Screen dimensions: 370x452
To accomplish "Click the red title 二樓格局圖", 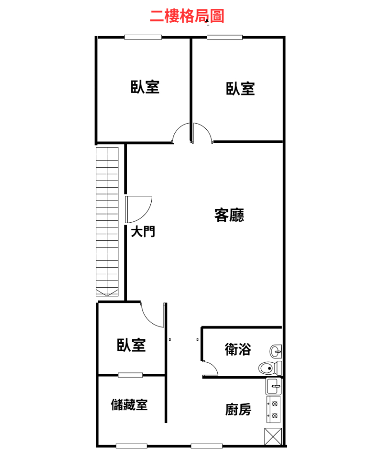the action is point(187,16).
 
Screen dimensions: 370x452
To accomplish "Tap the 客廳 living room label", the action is point(229,215).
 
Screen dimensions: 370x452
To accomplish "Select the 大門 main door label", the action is point(143,232).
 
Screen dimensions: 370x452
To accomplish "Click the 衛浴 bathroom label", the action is point(238,349).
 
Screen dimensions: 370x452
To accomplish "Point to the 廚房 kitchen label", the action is point(238,409).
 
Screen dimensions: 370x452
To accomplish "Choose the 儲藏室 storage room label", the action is point(129,405).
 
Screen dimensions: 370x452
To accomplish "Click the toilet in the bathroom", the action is point(270,368).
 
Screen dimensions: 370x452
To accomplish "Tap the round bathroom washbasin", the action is point(276,352).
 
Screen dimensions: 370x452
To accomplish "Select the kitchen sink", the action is point(273,386).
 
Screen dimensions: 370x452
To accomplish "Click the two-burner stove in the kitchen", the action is point(273,409).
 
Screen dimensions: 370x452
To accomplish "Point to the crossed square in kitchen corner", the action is point(273,437).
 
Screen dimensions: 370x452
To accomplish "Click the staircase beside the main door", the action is point(107,222).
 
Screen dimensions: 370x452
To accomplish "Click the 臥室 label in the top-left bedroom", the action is point(145,87).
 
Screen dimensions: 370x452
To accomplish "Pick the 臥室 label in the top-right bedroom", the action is point(240,89).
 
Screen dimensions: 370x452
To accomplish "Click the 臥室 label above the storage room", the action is point(131,345).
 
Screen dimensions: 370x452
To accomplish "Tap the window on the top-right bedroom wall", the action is point(225,37).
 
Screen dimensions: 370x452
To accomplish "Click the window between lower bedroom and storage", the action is point(130,375).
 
